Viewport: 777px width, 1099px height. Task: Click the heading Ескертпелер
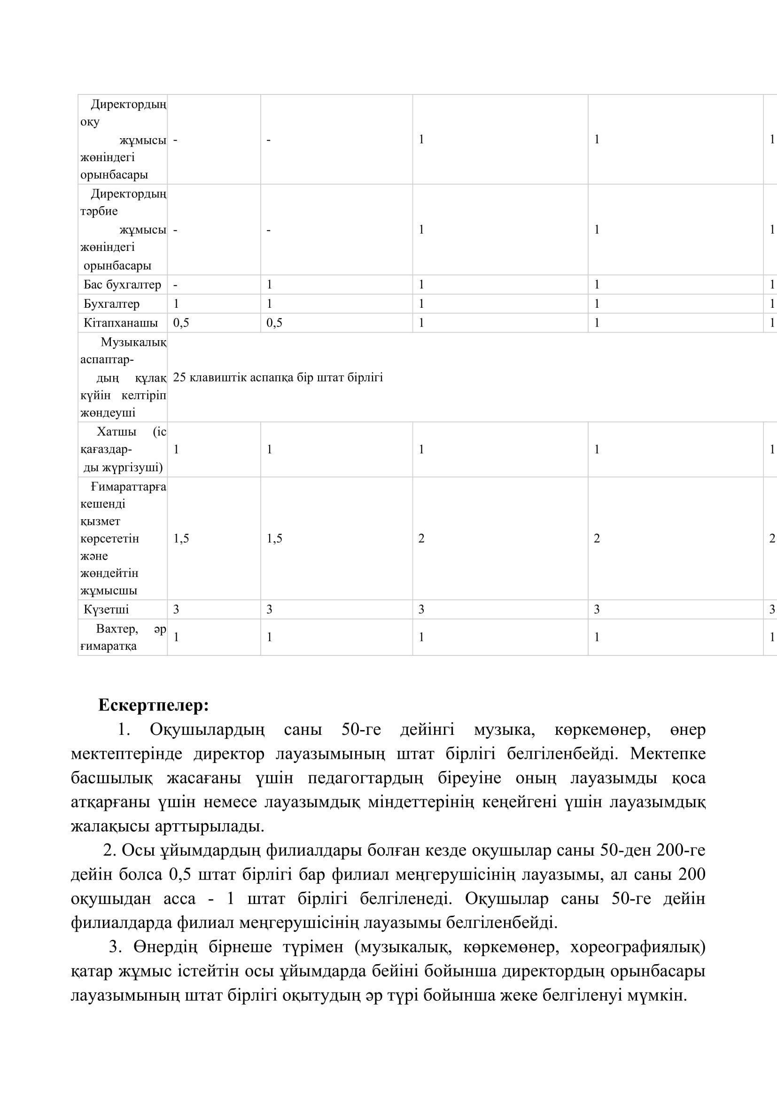pos(153,706)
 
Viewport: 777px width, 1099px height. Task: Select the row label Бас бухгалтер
pos(122,285)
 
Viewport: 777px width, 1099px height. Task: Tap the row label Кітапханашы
pos(121,323)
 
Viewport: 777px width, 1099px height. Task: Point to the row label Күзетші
pos(106,609)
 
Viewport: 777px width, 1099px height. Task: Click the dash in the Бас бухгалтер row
pos(175,285)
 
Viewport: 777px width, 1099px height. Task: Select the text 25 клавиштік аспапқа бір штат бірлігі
pos(278,378)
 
